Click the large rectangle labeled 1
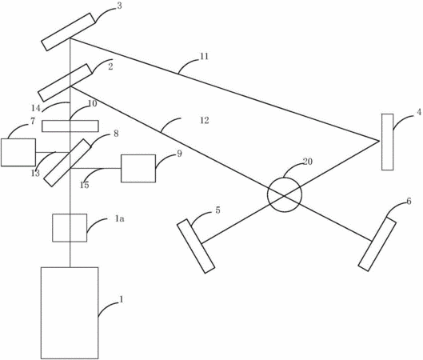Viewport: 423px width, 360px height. point(70,313)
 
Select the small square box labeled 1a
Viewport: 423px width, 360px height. point(70,228)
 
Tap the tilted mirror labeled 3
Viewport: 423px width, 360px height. point(68,32)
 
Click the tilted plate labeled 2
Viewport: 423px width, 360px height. point(65,82)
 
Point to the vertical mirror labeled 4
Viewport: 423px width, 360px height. point(387,142)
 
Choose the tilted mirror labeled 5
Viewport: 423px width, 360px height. point(196,246)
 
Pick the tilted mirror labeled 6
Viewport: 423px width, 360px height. point(377,244)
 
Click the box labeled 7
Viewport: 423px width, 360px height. point(18,152)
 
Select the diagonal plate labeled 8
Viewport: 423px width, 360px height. point(67,162)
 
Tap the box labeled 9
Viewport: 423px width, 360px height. point(138,168)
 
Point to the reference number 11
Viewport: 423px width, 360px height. point(204,57)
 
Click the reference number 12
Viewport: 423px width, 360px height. point(205,120)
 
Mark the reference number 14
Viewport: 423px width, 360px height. point(36,108)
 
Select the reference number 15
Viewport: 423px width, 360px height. point(84,185)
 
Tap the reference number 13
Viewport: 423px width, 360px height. point(35,174)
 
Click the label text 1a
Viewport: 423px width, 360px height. point(119,218)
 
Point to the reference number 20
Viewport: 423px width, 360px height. point(308,162)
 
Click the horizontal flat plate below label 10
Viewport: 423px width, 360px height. point(70,126)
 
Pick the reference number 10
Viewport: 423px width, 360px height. point(92,103)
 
